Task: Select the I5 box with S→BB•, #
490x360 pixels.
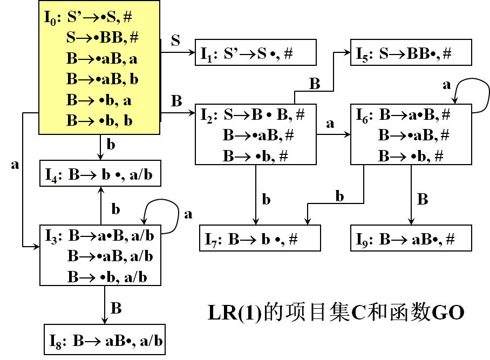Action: point(411,52)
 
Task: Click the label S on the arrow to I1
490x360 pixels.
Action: point(175,41)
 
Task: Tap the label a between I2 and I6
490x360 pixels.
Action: point(330,123)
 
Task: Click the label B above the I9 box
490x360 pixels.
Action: point(423,199)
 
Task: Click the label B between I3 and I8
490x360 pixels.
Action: point(116,309)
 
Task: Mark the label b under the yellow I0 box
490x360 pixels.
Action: point(111,145)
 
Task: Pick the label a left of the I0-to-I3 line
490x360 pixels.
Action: point(15,165)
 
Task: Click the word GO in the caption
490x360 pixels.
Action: point(447,313)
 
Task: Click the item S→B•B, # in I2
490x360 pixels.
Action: point(264,114)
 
